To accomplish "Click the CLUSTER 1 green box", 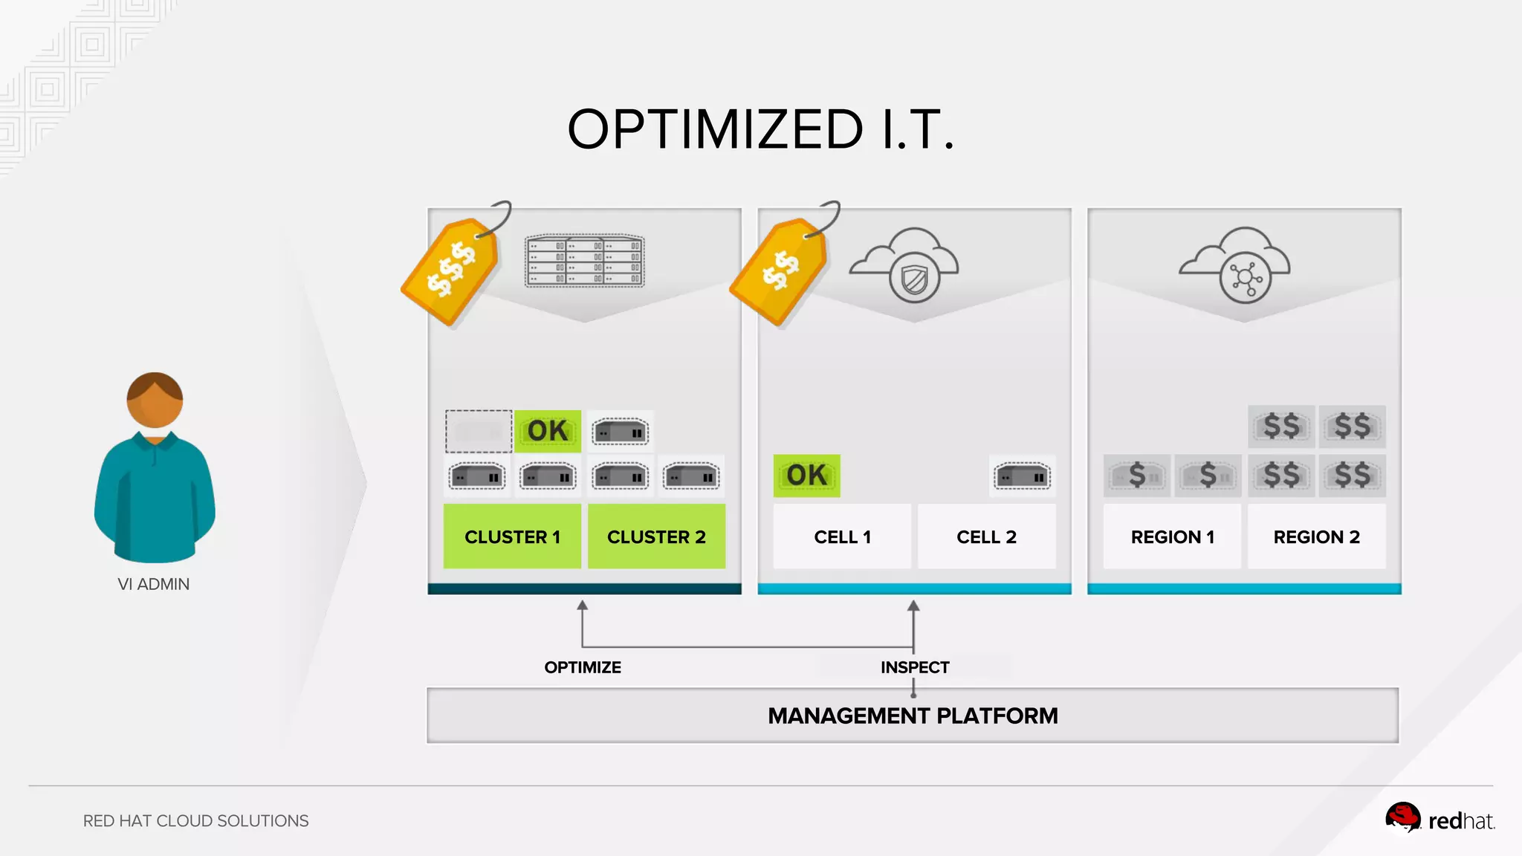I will (512, 536).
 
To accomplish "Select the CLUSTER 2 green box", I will (656, 536).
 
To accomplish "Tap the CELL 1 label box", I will (842, 536).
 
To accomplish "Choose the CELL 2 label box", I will (986, 536).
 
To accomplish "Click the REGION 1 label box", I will (1172, 536).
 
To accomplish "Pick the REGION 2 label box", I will (1316, 536).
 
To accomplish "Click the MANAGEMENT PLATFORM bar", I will (913, 716).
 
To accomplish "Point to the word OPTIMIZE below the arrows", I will (583, 667).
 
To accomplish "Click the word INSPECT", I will (915, 667).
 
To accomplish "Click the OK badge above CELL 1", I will (806, 476).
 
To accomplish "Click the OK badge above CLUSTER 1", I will (548, 431).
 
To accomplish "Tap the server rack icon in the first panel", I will (585, 261).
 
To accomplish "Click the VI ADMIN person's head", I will (155, 400).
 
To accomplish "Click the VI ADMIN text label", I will (154, 584).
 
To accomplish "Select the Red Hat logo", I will (1439, 820).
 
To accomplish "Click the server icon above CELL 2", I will (1023, 476).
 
